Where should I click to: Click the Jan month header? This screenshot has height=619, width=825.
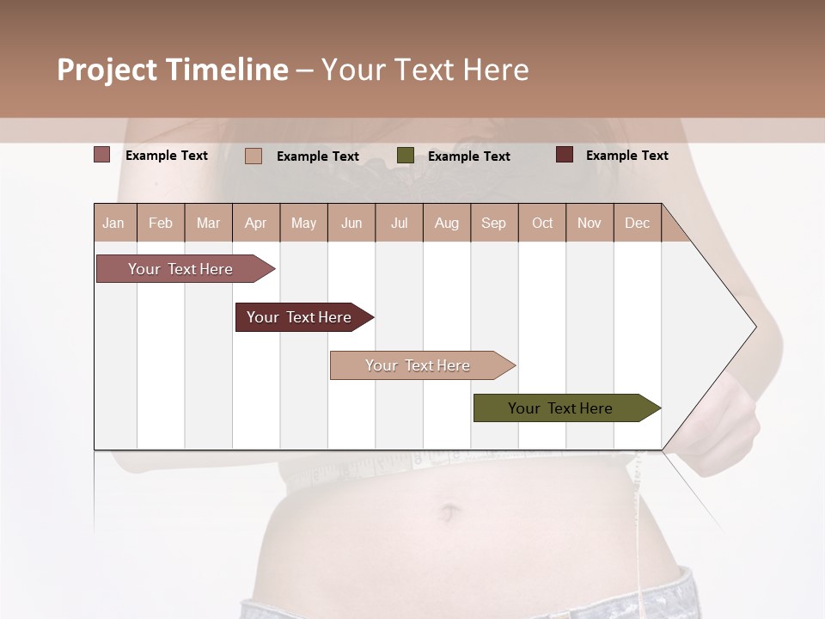(x=114, y=223)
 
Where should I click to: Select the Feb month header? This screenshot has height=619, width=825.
(x=161, y=223)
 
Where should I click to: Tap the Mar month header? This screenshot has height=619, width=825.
(x=208, y=223)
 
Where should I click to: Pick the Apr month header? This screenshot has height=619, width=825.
(x=256, y=223)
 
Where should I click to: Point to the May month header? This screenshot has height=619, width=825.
(x=303, y=223)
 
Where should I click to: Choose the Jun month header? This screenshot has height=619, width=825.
(x=351, y=223)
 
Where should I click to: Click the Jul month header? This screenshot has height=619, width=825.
(x=399, y=223)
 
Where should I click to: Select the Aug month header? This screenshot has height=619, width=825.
(x=447, y=223)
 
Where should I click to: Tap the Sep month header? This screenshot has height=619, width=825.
(x=494, y=223)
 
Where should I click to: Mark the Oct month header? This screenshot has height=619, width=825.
(x=542, y=223)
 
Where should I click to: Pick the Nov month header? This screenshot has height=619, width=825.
(x=590, y=223)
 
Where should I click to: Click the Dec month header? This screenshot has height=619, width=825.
(x=638, y=223)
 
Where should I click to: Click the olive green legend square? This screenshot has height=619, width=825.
(x=406, y=156)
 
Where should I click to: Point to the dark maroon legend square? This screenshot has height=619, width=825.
(x=565, y=155)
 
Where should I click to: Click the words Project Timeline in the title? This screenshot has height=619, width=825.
(x=173, y=70)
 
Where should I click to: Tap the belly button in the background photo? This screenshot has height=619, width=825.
(x=448, y=513)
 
